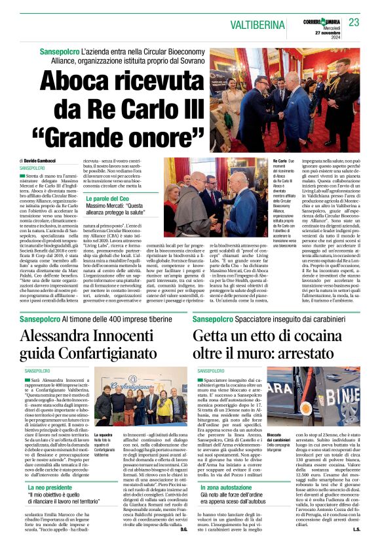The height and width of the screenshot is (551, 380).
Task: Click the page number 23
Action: (354, 22)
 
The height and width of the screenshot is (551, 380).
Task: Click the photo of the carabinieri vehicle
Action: (322, 399)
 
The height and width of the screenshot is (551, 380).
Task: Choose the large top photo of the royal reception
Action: (284, 98)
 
